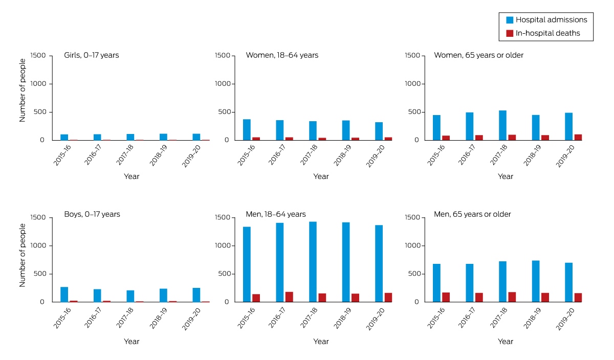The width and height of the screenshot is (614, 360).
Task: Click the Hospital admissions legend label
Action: coord(551,20)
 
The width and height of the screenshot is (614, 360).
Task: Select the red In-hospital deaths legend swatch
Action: coord(510,33)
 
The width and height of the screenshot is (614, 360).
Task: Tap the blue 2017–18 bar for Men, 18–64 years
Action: coord(313,262)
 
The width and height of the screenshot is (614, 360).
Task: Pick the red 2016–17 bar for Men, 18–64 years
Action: coord(289,297)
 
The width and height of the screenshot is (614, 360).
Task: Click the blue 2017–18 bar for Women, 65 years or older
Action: coord(502,125)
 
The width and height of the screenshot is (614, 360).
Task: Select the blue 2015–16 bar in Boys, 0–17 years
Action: coord(64,295)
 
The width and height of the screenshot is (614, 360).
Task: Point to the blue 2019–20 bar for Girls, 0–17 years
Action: coord(196,137)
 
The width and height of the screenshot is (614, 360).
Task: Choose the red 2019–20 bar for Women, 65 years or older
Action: coord(578,137)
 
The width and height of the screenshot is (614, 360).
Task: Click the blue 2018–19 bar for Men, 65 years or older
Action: coord(536,281)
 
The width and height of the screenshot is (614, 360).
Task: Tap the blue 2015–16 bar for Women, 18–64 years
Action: coord(247,129)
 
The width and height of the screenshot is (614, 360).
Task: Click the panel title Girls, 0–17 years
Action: coord(92,55)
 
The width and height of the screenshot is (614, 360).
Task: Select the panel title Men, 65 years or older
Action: coord(472,214)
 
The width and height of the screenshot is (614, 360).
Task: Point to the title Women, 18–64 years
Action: coord(282,55)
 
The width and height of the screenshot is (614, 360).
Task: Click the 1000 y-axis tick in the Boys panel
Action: coord(38,245)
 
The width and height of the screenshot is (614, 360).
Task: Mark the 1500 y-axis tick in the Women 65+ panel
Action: coord(412,55)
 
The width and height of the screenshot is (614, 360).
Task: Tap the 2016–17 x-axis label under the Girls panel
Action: coord(93,155)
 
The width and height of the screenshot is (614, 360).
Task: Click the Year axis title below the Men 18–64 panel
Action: coord(321,342)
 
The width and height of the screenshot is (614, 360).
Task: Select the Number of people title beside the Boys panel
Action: coord(22,255)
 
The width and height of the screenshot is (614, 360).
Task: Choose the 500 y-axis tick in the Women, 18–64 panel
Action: coord(224,112)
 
